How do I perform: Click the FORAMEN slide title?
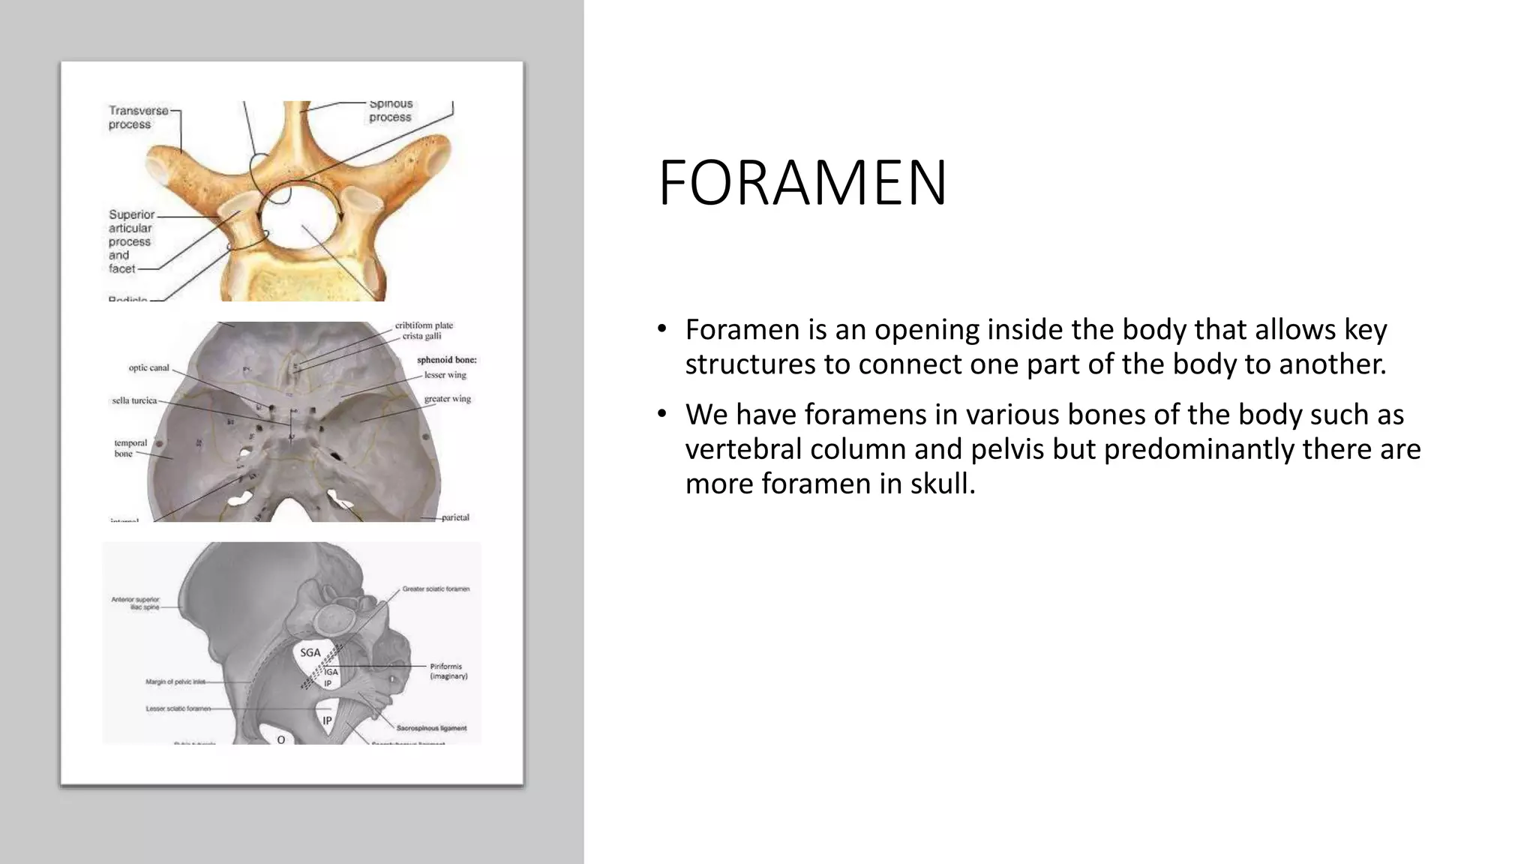[x=802, y=183]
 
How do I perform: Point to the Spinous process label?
[x=390, y=110]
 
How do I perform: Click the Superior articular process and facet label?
[x=131, y=241]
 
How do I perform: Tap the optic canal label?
[x=148, y=368]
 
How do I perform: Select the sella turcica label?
[x=134, y=400]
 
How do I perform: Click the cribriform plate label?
[x=424, y=325]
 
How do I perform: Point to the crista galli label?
[x=421, y=336]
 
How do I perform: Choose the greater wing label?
[x=447, y=399]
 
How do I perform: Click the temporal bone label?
[x=130, y=448]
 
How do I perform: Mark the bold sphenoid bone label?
[x=446, y=360]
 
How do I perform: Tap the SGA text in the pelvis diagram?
[x=310, y=652]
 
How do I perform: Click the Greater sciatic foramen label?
[x=436, y=589]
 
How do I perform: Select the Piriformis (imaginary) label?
[x=448, y=670]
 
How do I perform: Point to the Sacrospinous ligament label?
[x=431, y=727]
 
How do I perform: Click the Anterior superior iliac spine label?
[x=136, y=602]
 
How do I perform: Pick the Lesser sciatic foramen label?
[x=178, y=708]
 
